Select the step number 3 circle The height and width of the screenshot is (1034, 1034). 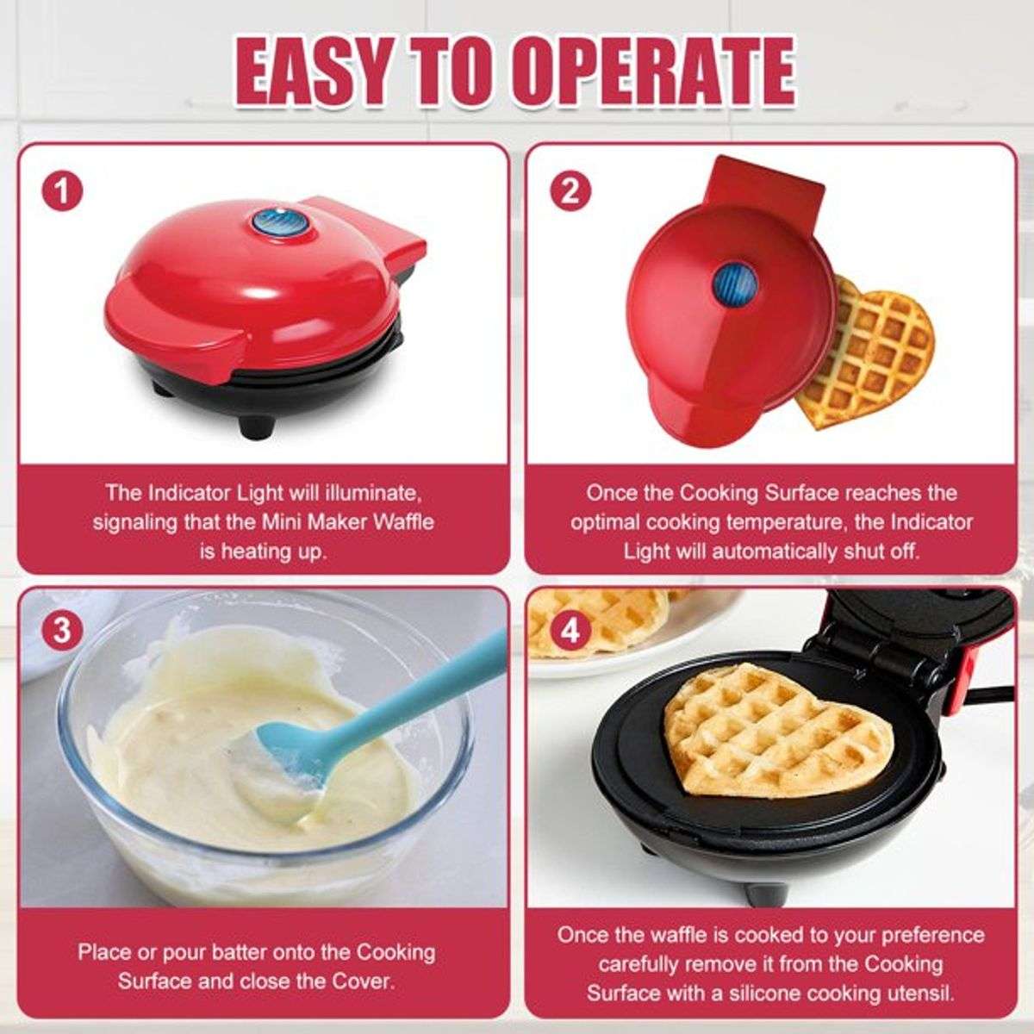click(63, 632)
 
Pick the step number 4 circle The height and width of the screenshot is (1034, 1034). click(570, 632)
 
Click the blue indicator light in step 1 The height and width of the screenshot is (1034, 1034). click(269, 222)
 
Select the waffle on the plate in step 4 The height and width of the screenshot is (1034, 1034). click(603, 620)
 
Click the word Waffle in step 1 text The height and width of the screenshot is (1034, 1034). click(402, 522)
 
